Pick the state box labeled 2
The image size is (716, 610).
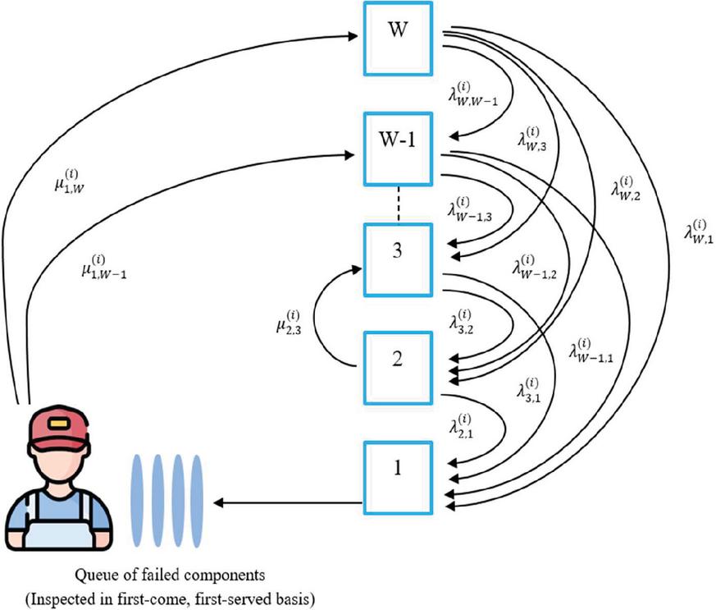click(397, 364)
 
